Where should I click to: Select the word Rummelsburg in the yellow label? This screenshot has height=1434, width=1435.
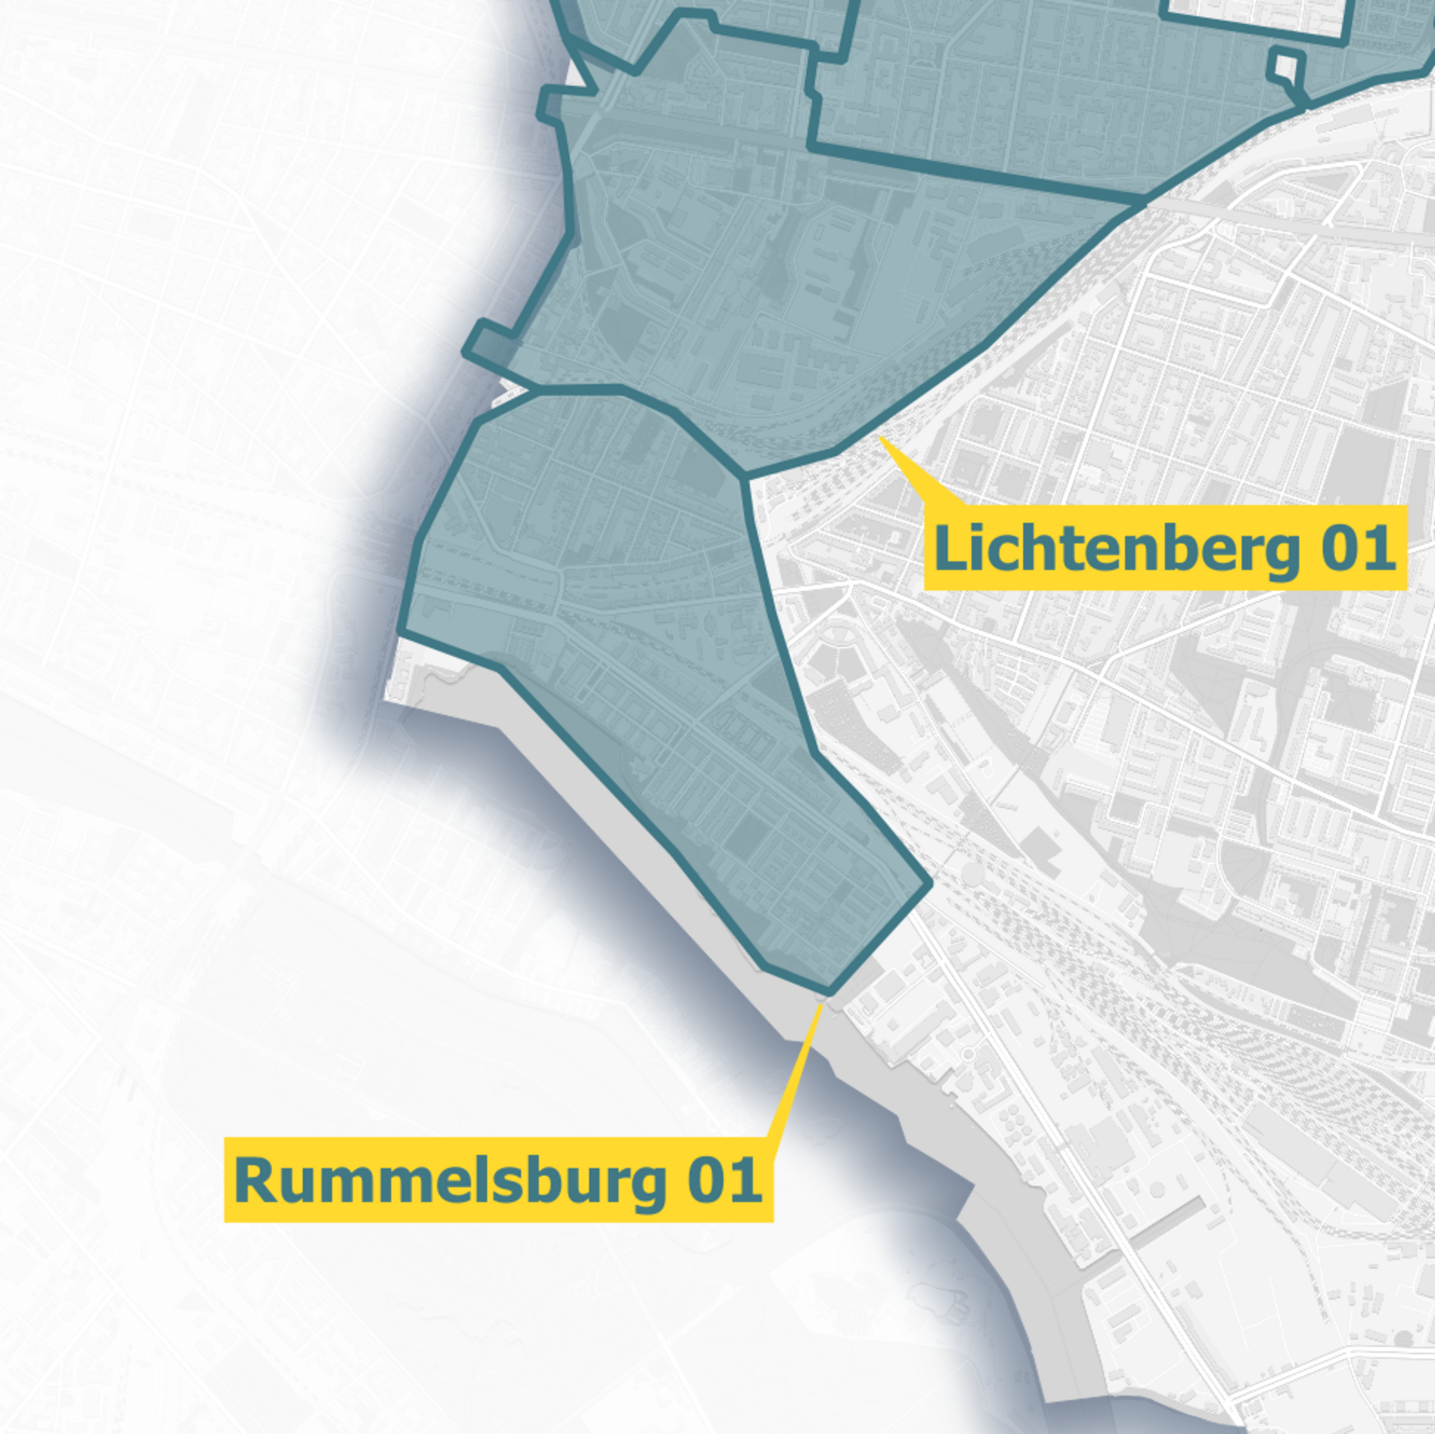(450, 1180)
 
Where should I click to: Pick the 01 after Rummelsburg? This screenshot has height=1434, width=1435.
(724, 1180)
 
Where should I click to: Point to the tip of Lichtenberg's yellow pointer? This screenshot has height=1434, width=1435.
(880, 438)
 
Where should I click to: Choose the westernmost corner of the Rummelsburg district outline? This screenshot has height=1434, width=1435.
(401, 632)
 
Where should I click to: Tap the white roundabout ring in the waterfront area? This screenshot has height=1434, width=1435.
(968, 1055)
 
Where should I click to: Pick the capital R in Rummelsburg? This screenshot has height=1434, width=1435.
(253, 1180)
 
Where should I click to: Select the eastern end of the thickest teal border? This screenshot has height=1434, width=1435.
(1144, 201)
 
